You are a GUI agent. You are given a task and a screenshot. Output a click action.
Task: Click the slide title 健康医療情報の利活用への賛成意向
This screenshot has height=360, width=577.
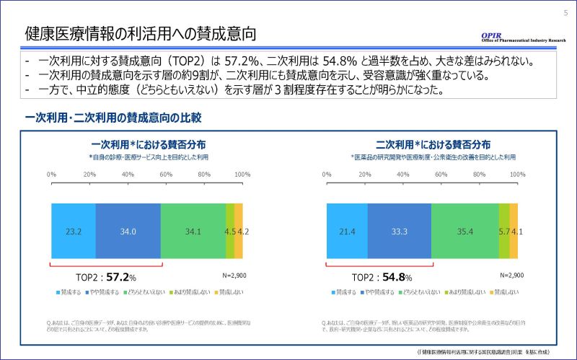pos(141,34)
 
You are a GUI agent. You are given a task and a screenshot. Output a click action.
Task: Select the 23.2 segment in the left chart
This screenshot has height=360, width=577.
pos(73,232)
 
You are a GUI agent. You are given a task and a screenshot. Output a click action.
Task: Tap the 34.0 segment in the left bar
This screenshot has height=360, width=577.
pos(128,232)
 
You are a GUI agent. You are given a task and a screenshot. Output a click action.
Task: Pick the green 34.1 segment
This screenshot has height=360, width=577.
pos(193,232)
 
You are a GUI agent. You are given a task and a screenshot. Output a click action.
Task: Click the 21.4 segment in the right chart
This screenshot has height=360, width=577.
pos(347,232)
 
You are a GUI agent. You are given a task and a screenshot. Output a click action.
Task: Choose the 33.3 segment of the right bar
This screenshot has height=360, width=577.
pos(399,232)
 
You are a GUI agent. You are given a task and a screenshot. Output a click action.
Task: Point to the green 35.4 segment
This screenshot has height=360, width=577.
pos(464,232)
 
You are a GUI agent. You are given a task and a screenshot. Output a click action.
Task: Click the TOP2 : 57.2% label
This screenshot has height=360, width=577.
pos(106,276)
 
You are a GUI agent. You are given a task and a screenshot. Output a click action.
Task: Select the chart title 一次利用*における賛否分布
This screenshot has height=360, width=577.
pos(148,144)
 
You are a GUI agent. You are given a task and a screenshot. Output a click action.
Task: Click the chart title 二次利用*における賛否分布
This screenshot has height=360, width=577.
pos(423,144)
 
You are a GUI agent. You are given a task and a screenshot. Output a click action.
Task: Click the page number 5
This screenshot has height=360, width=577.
pos(565,12)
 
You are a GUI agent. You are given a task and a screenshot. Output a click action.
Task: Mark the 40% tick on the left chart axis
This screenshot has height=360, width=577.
pos(128,175)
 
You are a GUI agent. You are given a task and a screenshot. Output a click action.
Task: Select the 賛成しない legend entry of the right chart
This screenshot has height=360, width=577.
pos(500,292)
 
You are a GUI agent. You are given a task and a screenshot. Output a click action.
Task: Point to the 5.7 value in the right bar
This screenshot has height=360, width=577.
pos(504,232)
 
